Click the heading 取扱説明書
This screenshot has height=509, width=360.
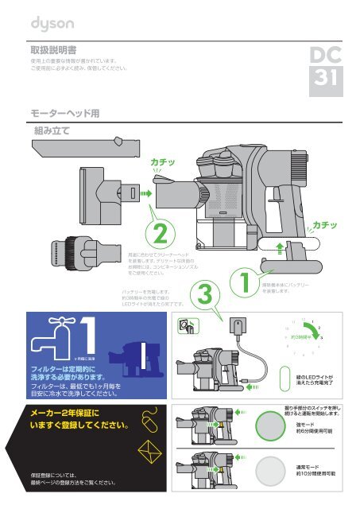tap(53, 49)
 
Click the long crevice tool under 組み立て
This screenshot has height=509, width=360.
tap(80, 147)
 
